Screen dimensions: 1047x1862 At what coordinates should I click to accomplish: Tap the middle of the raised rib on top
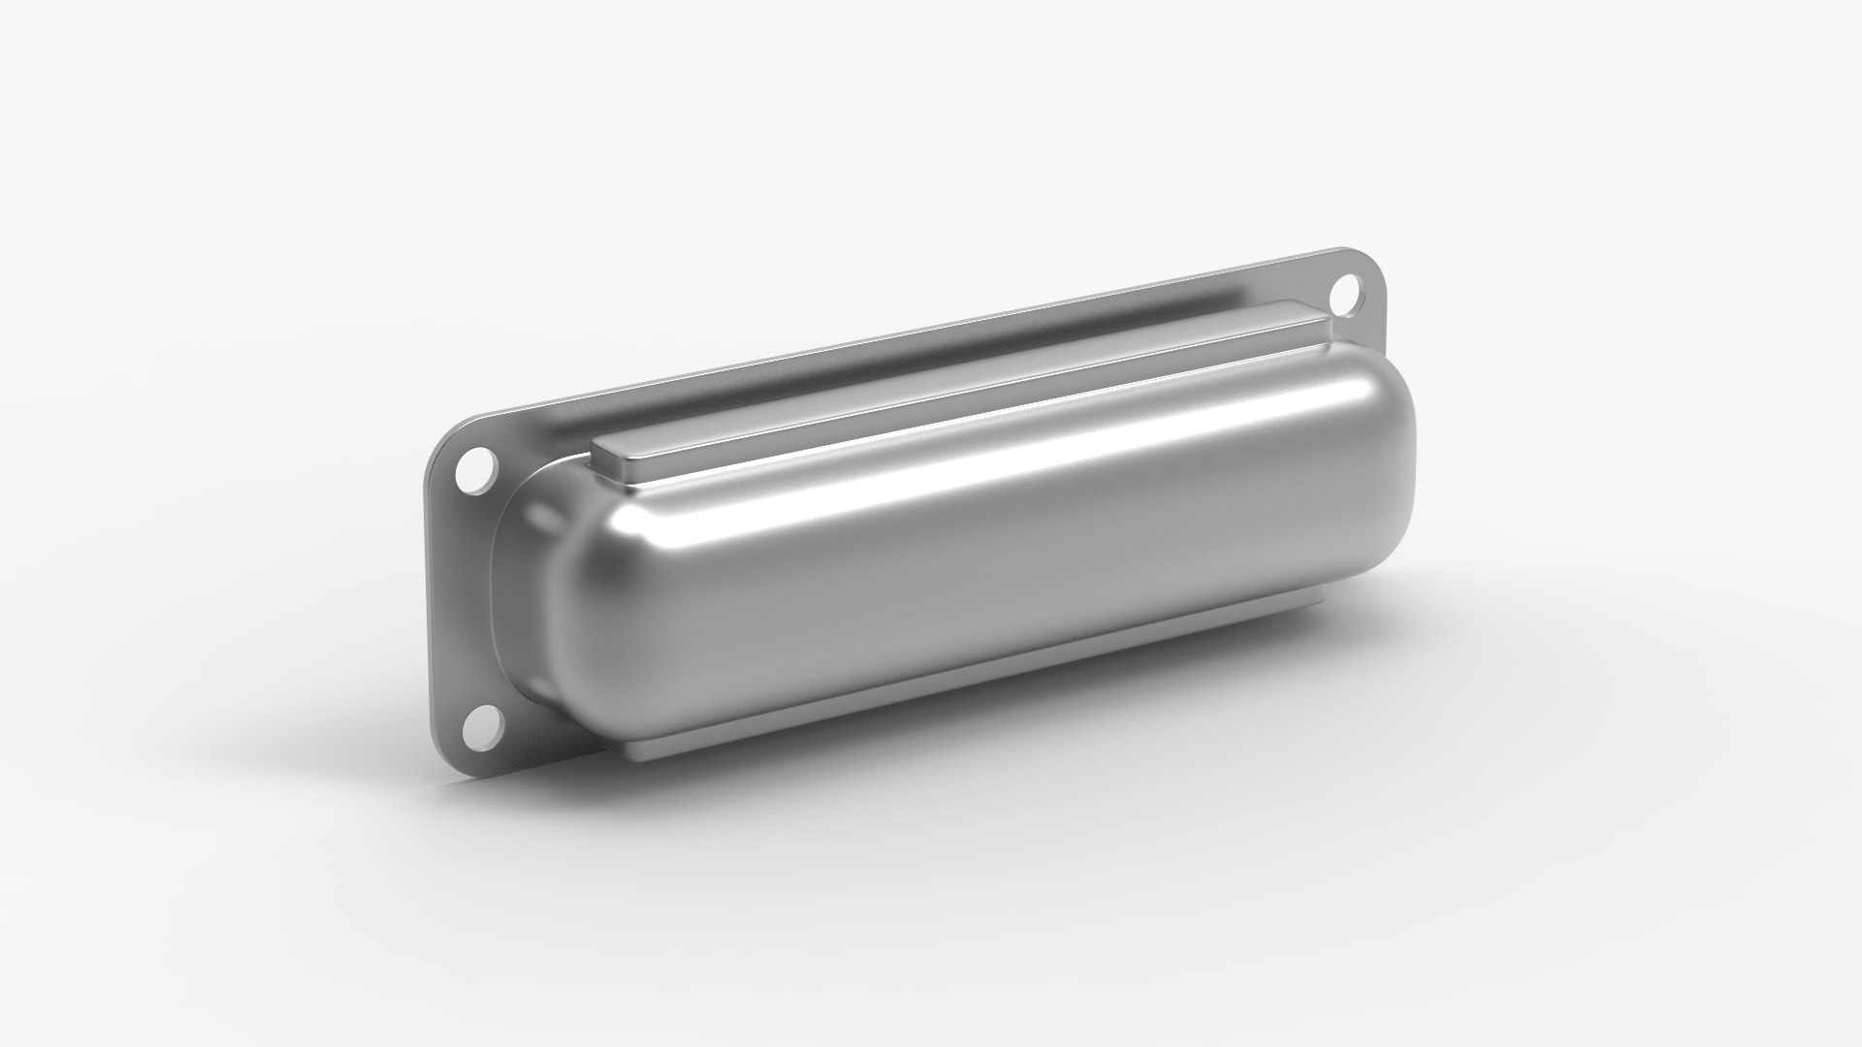click(x=960, y=388)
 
